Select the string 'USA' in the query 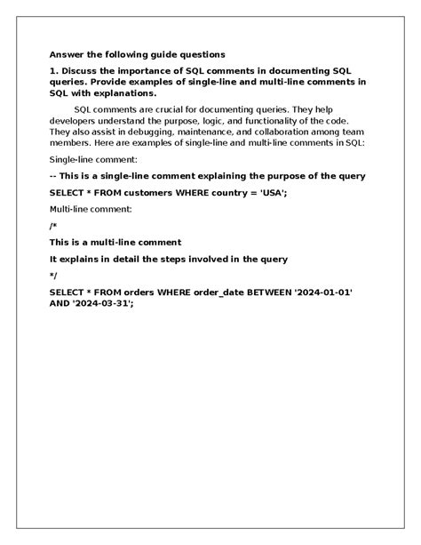pyautogui.click(x=271, y=192)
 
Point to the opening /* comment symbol pyautogui.click(x=53, y=226)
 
